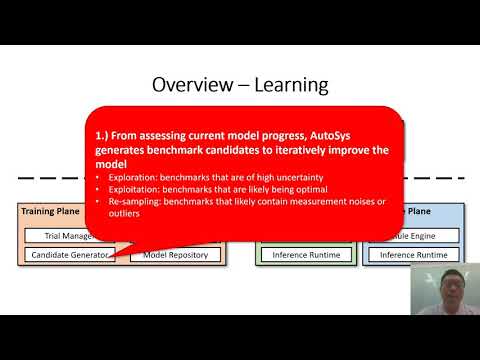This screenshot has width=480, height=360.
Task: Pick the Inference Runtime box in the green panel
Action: [306, 255]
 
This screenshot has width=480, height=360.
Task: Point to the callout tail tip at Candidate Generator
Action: [116, 257]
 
